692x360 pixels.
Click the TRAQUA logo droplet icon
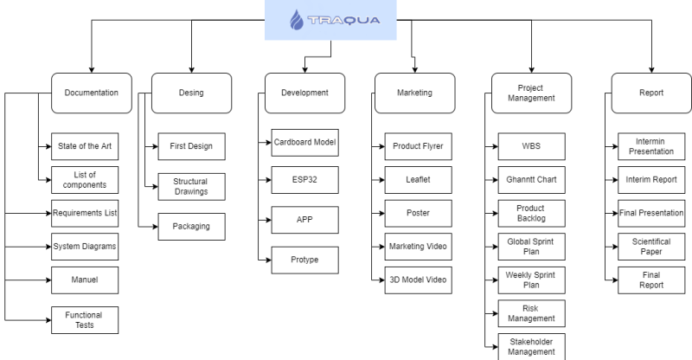(x=297, y=20)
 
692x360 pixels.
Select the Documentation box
(x=92, y=93)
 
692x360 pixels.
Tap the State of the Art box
(x=85, y=146)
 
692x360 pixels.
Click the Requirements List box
(x=85, y=213)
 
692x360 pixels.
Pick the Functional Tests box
(x=85, y=320)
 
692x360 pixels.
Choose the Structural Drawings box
(x=191, y=186)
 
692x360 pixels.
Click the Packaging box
(x=191, y=227)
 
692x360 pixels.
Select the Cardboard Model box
(x=305, y=142)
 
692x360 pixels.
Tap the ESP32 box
(x=305, y=180)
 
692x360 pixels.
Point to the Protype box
(x=305, y=260)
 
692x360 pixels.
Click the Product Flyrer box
(x=419, y=146)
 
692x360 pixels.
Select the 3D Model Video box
(x=419, y=280)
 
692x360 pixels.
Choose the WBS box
(x=531, y=146)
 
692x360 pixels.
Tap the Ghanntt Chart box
(x=531, y=180)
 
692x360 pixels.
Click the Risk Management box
(x=531, y=313)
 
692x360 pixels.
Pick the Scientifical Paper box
(x=651, y=247)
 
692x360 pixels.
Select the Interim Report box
(x=651, y=180)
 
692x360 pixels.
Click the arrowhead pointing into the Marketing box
(x=415, y=70)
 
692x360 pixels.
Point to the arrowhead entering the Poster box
(x=381, y=214)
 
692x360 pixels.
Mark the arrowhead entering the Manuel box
(x=48, y=280)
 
